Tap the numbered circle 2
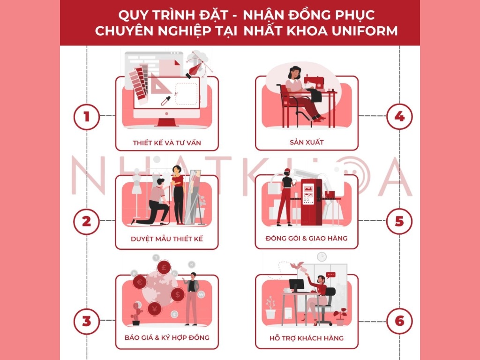click(x=87, y=221)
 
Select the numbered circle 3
click(x=87, y=322)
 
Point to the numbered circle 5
click(x=399, y=221)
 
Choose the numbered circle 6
click(x=399, y=322)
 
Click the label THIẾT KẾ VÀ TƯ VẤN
click(x=167, y=142)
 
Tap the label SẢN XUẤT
click(x=307, y=142)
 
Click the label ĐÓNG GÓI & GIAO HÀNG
click(x=307, y=238)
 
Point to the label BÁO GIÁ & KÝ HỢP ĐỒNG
click(x=167, y=337)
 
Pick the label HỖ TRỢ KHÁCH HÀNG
click(x=307, y=338)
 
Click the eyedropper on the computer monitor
click(x=166, y=100)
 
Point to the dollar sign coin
click(x=177, y=294)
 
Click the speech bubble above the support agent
click(x=331, y=275)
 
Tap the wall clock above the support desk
click(x=322, y=256)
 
